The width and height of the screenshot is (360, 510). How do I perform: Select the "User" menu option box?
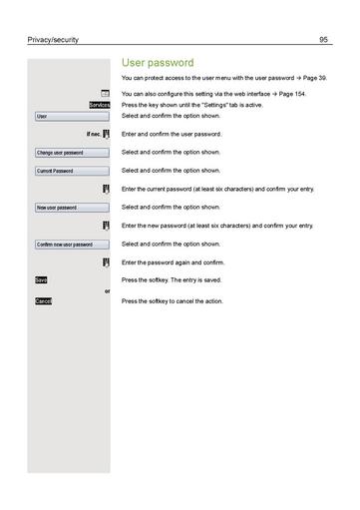tap(69, 117)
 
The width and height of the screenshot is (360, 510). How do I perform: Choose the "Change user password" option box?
tap(69, 153)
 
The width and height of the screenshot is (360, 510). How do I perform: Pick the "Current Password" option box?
tap(69, 171)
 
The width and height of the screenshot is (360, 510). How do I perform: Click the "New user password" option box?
tap(69, 208)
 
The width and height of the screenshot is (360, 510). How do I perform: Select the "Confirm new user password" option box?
tap(69, 245)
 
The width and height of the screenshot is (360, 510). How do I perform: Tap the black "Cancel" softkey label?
tap(43, 300)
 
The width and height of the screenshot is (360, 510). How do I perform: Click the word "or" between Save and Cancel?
tap(107, 290)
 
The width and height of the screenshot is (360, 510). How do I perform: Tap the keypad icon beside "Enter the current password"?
tap(105, 189)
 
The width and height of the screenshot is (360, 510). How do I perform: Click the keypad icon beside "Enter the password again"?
tap(105, 262)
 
